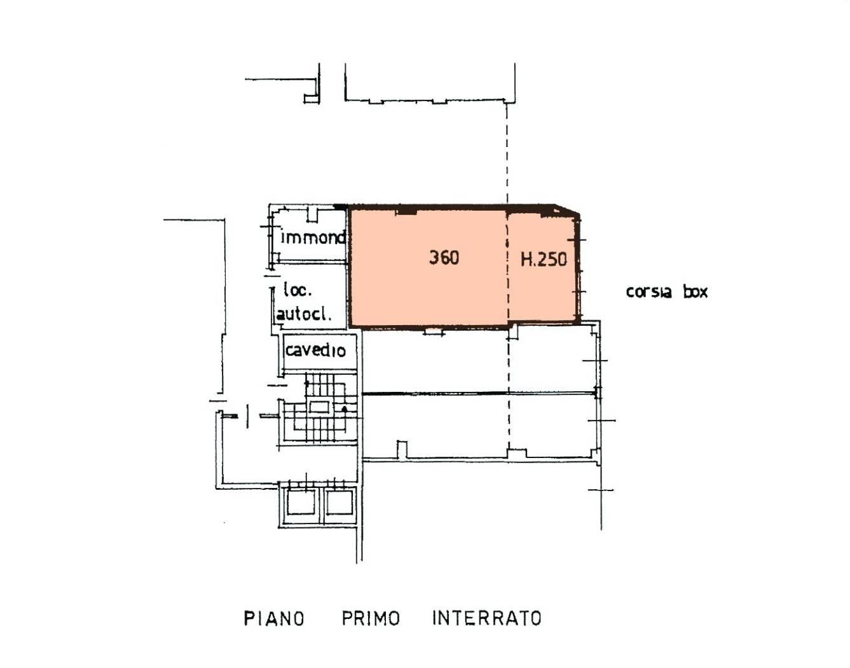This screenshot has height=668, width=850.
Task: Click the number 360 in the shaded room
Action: pyautogui.click(x=444, y=258)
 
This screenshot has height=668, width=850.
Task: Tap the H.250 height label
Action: pyautogui.click(x=544, y=259)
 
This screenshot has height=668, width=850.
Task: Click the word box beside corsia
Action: pyautogui.click(x=696, y=292)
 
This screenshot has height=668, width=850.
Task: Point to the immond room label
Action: pyautogui.click(x=313, y=237)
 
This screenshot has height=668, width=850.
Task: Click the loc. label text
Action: pyautogui.click(x=298, y=290)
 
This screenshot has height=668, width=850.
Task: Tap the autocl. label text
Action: pyautogui.click(x=303, y=314)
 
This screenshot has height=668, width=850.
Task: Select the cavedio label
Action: pyautogui.click(x=316, y=351)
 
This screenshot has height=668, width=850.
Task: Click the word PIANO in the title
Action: pyautogui.click(x=274, y=618)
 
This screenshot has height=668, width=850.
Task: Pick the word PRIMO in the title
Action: pyautogui.click(x=371, y=618)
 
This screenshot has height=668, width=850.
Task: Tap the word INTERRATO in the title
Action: pyautogui.click(x=487, y=618)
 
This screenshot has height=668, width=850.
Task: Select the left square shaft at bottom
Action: pyautogui.click(x=301, y=502)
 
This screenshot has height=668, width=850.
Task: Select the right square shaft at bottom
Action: pyautogui.click(x=339, y=502)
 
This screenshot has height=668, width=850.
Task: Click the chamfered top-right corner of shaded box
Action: pyautogui.click(x=568, y=209)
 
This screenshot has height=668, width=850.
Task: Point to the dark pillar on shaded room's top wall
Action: pyautogui.click(x=406, y=211)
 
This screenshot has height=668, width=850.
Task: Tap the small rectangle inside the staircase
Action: pyautogui.click(x=319, y=407)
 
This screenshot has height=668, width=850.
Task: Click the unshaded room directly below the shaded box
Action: pyautogui.click(x=479, y=359)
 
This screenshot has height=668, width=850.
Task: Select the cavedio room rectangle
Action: pyautogui.click(x=320, y=351)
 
